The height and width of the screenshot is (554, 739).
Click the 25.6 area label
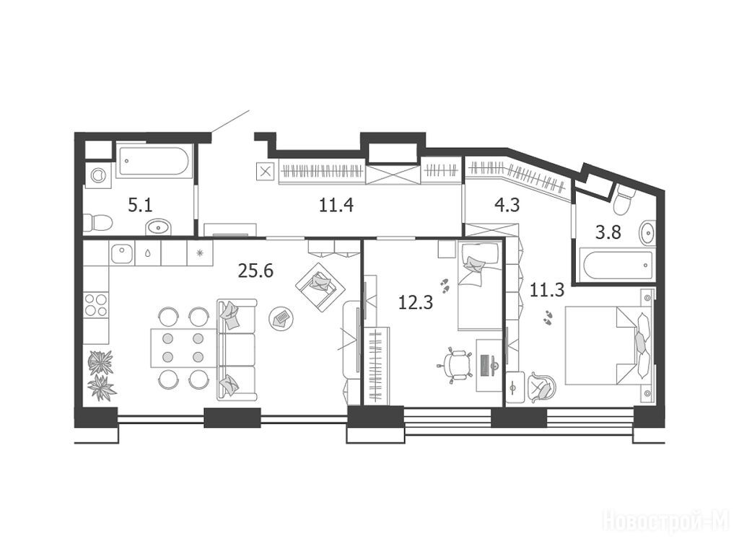coord(255,271)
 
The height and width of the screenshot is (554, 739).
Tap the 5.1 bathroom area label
coord(140,206)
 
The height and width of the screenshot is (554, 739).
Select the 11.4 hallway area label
coord(336,206)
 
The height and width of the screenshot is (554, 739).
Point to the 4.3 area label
coord(507,206)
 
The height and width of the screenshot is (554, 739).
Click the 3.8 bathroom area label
coord(608,232)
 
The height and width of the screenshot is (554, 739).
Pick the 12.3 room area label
coord(415,302)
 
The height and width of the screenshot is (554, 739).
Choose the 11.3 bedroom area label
coord(547,290)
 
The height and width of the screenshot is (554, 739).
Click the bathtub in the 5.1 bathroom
coord(154,162)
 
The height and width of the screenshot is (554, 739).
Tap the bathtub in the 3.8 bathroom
coord(618,265)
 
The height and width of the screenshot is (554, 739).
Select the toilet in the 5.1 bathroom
coord(97,223)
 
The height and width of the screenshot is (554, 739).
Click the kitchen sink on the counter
coord(122,253)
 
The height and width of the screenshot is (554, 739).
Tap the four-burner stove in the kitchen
coord(96,305)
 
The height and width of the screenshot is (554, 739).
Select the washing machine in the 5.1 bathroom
coord(97,175)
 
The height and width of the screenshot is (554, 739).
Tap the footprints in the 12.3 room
coord(445,284)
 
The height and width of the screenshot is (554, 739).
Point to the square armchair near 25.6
coord(320,286)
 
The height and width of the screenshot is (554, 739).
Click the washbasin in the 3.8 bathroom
coord(647,232)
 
